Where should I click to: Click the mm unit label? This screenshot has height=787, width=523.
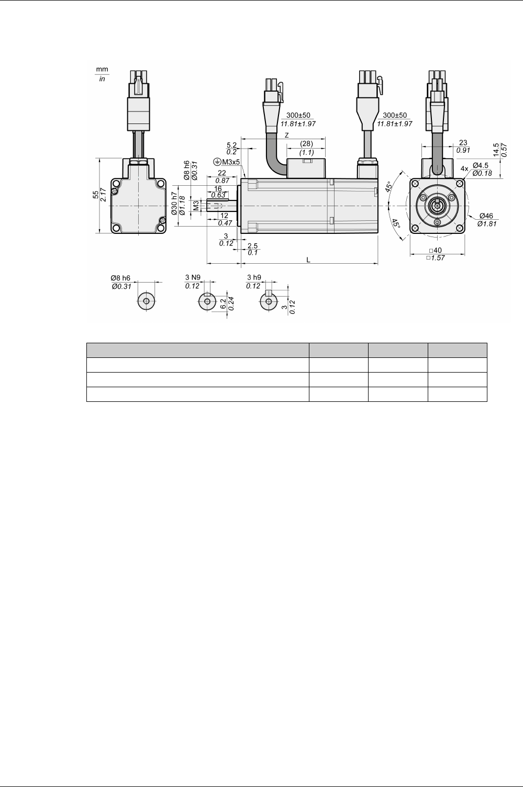pos(102,69)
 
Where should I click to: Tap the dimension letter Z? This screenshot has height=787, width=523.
pos(287,135)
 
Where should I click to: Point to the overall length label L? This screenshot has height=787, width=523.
pos(308,260)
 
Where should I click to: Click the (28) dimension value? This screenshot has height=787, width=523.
pos(306,144)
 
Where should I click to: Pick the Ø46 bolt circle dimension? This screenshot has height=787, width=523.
pos(486,216)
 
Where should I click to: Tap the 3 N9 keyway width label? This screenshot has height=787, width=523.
pos(193,277)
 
